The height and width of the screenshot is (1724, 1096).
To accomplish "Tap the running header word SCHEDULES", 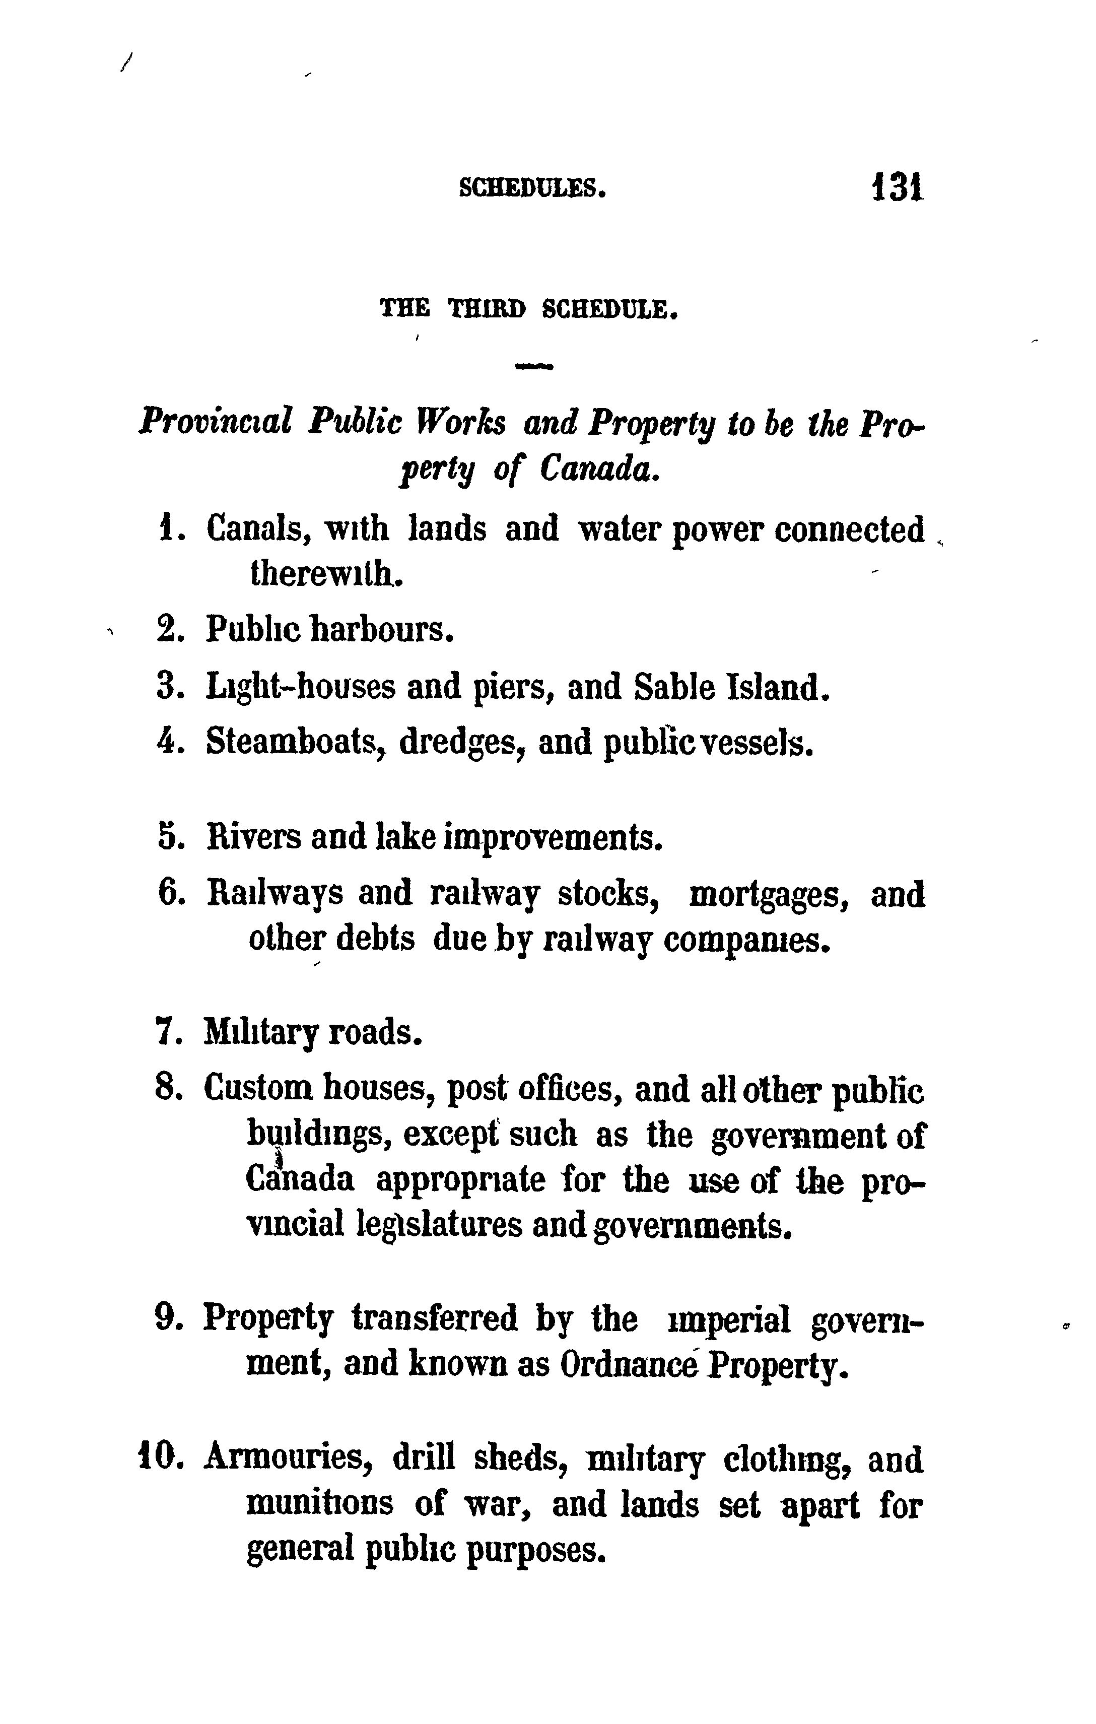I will point(532,188).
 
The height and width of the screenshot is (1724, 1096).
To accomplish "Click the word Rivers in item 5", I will point(253,836).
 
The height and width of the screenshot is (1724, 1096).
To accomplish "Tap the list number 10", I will point(158,1457).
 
